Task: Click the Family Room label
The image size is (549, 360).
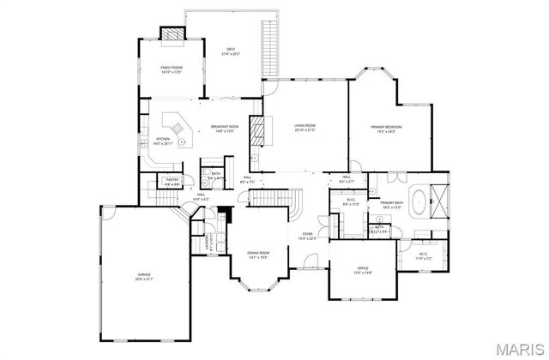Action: coord(172,69)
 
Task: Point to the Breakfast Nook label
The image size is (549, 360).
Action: coord(225,129)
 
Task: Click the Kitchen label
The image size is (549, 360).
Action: coord(162,141)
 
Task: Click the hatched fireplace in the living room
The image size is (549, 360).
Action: coord(255,129)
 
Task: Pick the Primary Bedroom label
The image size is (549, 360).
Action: coord(386,129)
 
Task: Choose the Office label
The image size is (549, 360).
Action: coord(363,270)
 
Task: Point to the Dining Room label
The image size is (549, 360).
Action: coord(259,254)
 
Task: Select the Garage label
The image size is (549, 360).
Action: coord(144,276)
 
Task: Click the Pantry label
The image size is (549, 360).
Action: coord(171,182)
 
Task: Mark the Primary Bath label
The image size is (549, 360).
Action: coord(392,204)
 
